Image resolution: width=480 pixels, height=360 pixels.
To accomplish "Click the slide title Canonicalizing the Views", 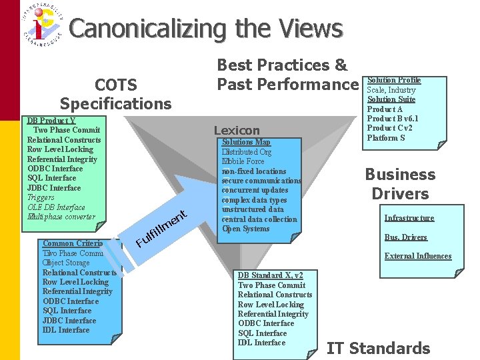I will (205, 29).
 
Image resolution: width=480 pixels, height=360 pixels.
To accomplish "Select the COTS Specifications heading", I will (115, 94).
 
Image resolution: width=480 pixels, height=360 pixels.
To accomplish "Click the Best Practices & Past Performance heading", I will (287, 75).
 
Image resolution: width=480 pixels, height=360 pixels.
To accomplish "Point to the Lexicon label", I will (237, 131).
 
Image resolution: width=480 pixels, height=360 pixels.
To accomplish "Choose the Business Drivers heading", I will (400, 184).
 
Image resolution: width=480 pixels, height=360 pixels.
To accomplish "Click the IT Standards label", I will (378, 348).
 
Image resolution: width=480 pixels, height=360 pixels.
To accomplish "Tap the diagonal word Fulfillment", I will (160, 229).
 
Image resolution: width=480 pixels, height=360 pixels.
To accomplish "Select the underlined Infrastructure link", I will (409, 218).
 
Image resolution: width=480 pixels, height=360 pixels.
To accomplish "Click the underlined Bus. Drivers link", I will (405, 237).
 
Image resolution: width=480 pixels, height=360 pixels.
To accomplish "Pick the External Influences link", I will (417, 256).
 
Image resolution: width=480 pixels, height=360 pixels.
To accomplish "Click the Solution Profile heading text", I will (394, 80).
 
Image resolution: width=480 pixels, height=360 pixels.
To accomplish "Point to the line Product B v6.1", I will (393, 119).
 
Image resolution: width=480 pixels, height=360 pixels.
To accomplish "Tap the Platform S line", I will (386, 138).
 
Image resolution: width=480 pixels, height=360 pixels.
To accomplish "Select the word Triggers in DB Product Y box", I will (41, 197).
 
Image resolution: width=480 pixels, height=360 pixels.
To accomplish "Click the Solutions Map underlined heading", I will (246, 142).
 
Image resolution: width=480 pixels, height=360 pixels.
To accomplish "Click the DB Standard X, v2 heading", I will (270, 275).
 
